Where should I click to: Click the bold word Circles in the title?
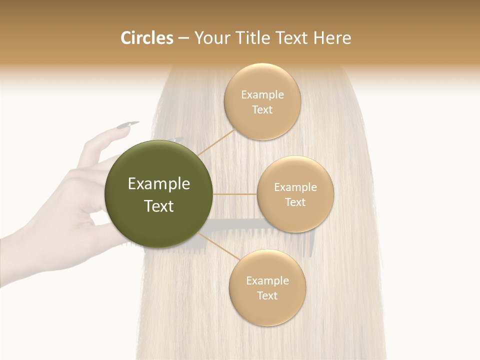(x=147, y=38)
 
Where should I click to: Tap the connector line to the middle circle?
(x=235, y=193)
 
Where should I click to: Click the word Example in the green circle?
(x=159, y=184)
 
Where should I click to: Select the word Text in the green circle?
(x=159, y=206)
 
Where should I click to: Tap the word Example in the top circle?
(x=262, y=95)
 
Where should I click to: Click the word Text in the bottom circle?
(x=267, y=295)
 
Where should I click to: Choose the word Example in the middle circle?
(x=295, y=187)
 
